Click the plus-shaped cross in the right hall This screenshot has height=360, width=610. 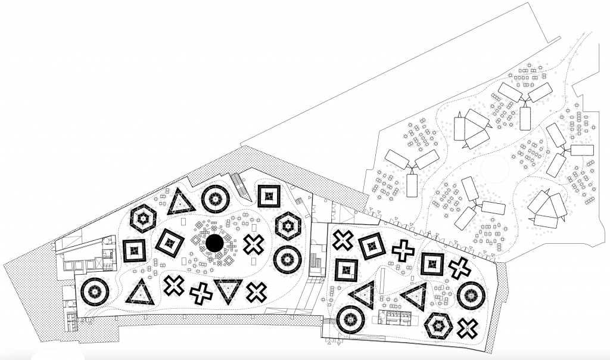coord(403,250)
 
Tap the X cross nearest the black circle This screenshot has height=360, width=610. coord(254,244)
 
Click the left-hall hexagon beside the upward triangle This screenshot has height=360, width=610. coord(144,220)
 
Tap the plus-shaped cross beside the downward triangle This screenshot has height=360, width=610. coord(201,293)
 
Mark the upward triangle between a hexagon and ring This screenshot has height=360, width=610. coord(180,202)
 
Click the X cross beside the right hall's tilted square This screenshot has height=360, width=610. coord(343,241)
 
